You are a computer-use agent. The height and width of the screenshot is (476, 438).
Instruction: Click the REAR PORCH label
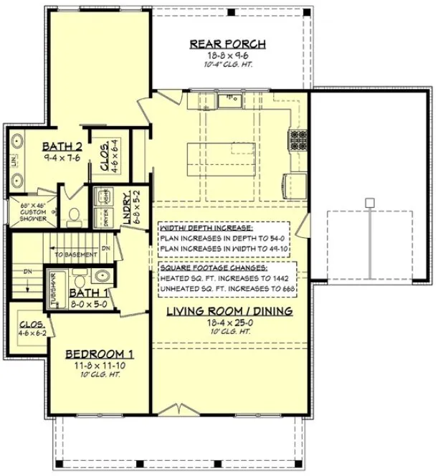click(x=227, y=44)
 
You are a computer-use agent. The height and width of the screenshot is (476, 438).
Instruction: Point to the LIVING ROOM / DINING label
click(x=229, y=311)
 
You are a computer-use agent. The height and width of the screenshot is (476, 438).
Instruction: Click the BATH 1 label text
click(x=87, y=292)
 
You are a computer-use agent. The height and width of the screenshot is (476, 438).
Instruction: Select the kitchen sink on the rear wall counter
click(x=229, y=100)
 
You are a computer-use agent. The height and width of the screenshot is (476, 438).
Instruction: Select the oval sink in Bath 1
click(x=102, y=277)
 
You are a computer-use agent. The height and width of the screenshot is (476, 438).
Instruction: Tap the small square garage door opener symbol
click(x=369, y=203)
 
